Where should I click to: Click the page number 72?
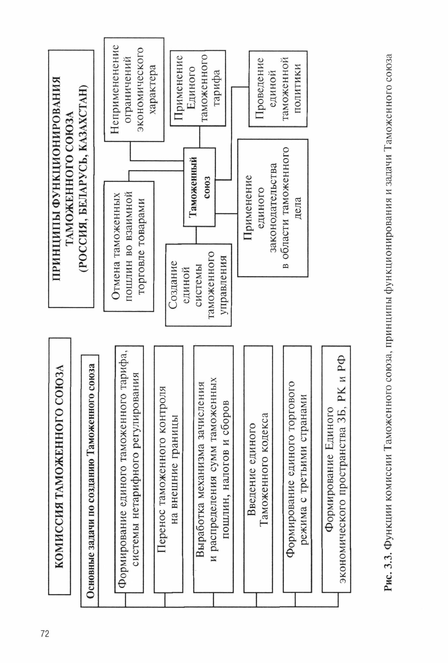[x=45, y=634]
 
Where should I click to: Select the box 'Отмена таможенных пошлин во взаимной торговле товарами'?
[x=129, y=246]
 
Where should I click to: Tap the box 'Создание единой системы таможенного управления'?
[x=198, y=285]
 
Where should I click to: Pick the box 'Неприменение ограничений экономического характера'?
[x=134, y=90]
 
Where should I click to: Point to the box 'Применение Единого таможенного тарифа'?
[x=198, y=88]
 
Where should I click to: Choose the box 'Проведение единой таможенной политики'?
[x=278, y=88]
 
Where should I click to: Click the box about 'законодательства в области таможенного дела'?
[x=273, y=208]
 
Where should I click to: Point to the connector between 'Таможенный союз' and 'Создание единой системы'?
[x=196, y=235]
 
